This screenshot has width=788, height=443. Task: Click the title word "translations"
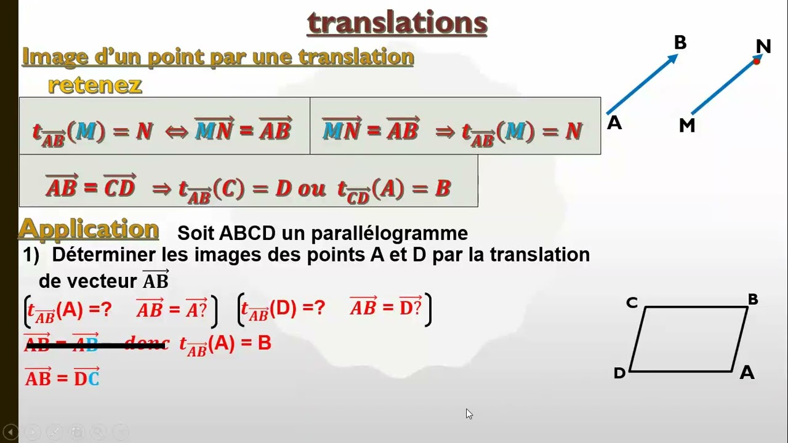coord(397,23)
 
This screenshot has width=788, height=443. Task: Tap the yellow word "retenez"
coord(95,85)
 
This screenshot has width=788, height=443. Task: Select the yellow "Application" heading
coord(89,229)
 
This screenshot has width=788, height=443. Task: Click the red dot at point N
coord(757,61)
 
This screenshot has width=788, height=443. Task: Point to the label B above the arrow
coord(680,42)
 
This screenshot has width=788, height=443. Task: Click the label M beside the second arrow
coord(687,126)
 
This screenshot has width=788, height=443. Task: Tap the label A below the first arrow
coord(614,123)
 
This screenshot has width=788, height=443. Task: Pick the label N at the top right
coord(763,46)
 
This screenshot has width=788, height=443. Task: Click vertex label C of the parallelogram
coord(632,303)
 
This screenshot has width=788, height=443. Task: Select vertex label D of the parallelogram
coord(619,373)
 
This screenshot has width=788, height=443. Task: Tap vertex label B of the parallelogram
coord(753,300)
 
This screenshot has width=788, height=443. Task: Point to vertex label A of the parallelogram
coord(747,372)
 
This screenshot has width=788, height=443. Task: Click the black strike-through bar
coord(96,346)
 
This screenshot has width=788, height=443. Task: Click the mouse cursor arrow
coord(468,413)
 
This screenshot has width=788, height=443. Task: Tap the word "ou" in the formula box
coord(312,189)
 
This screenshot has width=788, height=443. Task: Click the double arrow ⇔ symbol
coord(177,131)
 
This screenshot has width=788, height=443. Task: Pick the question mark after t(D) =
coord(319,309)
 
